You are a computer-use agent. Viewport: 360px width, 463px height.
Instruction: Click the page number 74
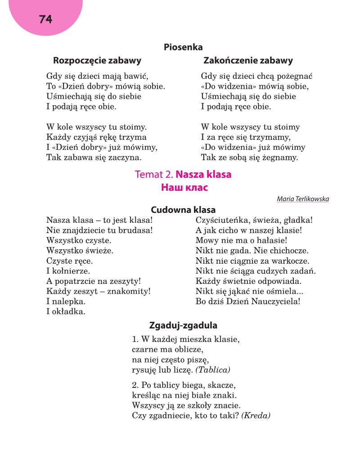45,19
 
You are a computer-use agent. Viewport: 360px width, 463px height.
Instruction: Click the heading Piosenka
183,47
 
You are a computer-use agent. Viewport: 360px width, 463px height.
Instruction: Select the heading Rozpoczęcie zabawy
97,60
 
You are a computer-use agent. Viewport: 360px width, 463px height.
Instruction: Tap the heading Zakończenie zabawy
248,60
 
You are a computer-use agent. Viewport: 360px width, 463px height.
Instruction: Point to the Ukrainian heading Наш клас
184,188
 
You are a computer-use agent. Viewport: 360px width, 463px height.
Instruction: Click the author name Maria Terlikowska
303,198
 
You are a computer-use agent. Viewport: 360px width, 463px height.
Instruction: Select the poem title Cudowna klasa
183,210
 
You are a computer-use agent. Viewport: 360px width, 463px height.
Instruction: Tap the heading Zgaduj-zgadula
183,325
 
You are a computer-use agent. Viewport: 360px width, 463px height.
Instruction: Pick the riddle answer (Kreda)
256,416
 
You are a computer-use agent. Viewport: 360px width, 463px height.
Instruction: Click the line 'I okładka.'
66,311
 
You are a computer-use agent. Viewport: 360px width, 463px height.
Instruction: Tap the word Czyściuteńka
220,220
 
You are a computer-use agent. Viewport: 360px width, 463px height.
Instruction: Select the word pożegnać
293,76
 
